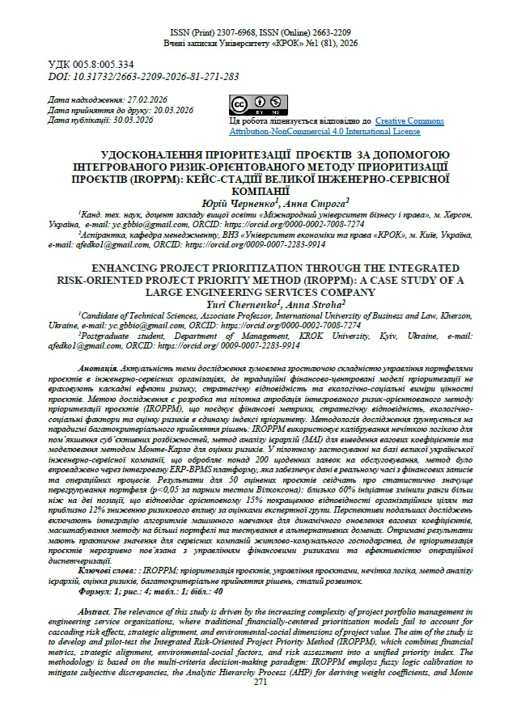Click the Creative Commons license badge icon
coord(250,106)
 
